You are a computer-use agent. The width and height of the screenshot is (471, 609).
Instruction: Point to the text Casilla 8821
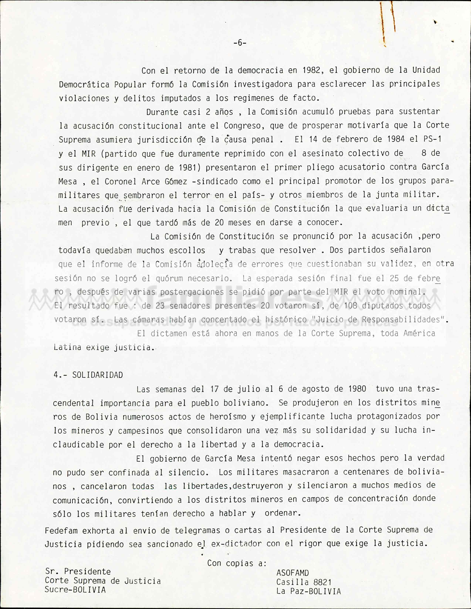point(304,582)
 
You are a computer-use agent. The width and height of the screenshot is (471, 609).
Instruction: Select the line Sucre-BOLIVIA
point(75,590)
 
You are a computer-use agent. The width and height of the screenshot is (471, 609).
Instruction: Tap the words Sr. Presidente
point(78,572)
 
